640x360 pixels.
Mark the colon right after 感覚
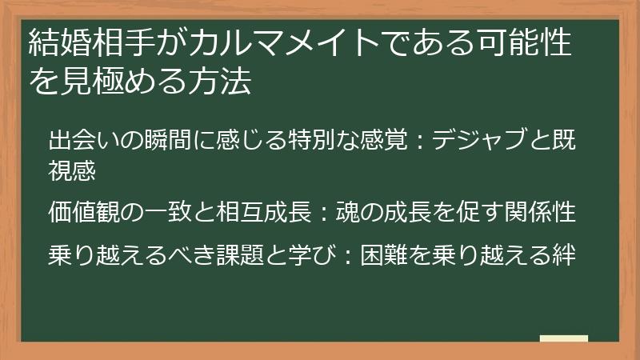pos(419,142)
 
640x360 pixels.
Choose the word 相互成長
pos(263,212)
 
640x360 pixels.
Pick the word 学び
pos(313,255)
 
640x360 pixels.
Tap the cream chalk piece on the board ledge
pos(564,338)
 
